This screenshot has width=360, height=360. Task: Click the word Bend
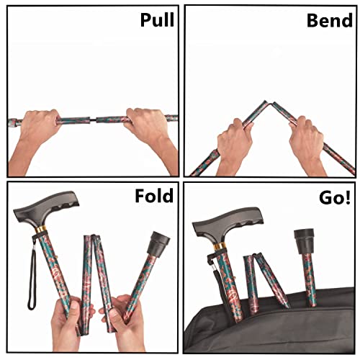point(329,19)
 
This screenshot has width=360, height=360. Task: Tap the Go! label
point(333,197)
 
